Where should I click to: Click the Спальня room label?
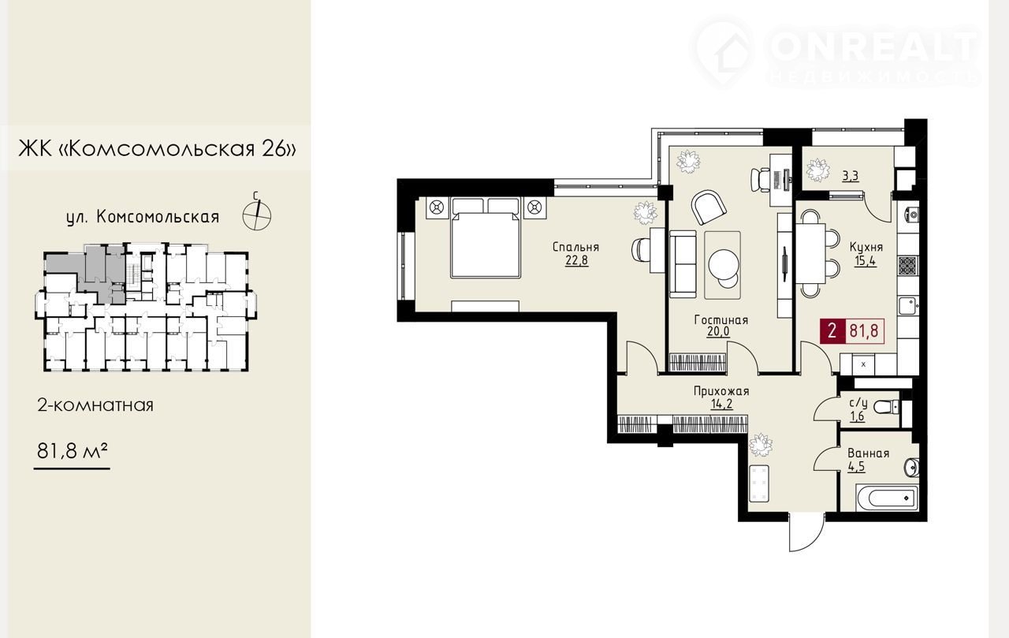click(575, 248)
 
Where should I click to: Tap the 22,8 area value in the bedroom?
click(576, 260)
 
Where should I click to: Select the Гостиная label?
click(721, 320)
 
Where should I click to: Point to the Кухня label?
click(866, 247)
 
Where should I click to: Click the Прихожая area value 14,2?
click(721, 404)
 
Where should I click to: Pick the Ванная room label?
click(869, 453)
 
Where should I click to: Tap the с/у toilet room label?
click(858, 403)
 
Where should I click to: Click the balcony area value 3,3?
click(851, 176)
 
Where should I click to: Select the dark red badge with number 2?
click(832, 331)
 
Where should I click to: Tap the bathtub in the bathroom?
click(884, 498)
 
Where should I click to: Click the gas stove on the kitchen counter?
click(908, 266)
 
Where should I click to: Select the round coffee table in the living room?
click(724, 264)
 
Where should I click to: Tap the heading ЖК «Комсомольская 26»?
click(158, 148)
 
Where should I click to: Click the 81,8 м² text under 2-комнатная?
click(72, 451)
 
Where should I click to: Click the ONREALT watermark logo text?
click(874, 47)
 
